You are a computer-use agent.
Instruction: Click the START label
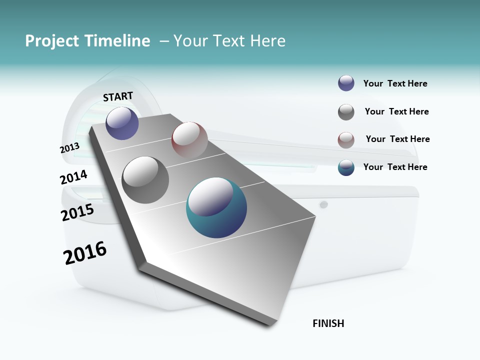118,96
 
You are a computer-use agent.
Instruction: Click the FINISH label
328,323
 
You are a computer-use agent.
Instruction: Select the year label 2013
69,148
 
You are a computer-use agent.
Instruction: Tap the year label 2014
73,177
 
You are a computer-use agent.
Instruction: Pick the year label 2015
77,212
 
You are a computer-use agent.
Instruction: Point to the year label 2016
85,253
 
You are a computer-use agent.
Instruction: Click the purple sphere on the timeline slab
122,123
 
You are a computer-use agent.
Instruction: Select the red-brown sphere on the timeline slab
189,139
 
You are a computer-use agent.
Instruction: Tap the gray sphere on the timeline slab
145,180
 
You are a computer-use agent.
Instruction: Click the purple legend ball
346,83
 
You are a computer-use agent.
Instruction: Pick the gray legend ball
346,112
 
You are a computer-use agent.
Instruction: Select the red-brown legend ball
346,140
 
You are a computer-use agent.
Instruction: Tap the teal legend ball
346,167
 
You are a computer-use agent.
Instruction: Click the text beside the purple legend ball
395,84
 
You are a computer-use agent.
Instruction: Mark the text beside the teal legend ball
395,167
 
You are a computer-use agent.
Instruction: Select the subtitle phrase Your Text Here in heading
229,41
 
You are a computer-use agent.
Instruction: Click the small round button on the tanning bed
323,204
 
